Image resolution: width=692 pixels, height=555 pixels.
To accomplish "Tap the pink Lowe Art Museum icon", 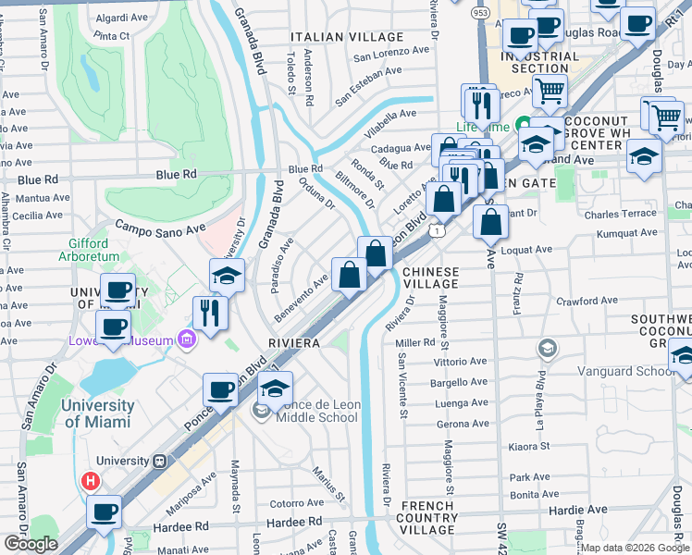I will pyautogui.click(x=188, y=340).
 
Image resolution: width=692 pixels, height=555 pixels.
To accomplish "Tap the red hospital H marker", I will pyautogui.click(x=91, y=481).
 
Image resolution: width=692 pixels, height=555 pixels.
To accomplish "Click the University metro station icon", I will pyautogui.click(x=159, y=461).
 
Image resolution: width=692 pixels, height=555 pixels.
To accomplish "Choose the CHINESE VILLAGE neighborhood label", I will pyautogui.click(x=430, y=278).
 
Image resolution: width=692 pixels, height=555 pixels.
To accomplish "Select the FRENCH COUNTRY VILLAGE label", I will pyautogui.click(x=427, y=518).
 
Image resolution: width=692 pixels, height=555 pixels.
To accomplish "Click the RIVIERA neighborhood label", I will pyautogui.click(x=294, y=342).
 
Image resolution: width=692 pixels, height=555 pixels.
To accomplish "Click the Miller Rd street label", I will pyautogui.click(x=414, y=342).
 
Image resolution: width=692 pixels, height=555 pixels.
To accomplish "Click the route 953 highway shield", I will pyautogui.click(x=479, y=13).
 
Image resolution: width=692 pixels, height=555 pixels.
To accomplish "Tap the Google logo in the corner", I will pyautogui.click(x=31, y=543).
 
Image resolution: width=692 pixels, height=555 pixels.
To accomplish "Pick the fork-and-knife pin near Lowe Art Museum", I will pyautogui.click(x=211, y=312).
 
